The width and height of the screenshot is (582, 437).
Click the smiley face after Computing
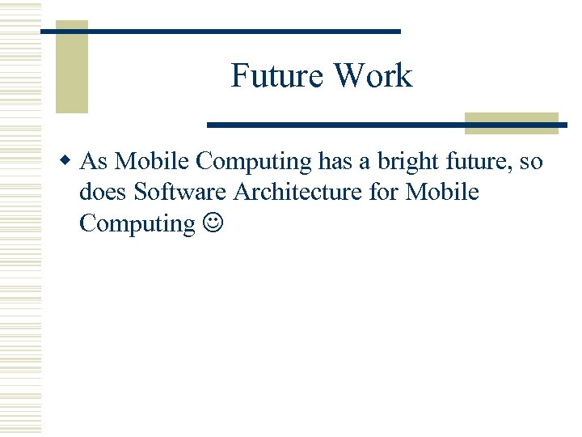click(x=210, y=224)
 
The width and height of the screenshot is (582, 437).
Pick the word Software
click(x=180, y=193)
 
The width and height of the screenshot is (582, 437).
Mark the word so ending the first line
click(x=531, y=162)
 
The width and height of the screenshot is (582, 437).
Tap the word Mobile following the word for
click(x=442, y=193)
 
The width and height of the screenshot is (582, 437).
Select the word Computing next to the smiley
click(x=137, y=223)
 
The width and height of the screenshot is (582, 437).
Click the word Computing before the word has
click(x=254, y=163)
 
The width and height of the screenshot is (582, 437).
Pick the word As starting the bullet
click(x=94, y=162)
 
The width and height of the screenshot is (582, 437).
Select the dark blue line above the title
click(x=221, y=31)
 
